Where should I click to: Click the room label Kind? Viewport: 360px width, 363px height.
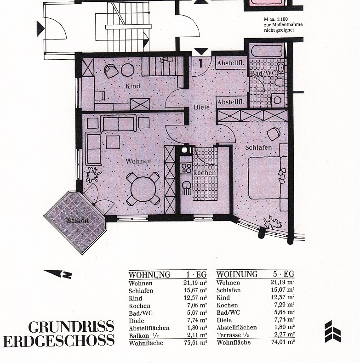133,86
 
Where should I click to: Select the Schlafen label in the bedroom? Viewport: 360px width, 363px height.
258,147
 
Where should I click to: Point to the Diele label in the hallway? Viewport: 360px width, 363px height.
201,107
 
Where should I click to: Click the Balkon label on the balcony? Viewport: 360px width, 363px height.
75,221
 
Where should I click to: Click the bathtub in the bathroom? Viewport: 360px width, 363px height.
267,50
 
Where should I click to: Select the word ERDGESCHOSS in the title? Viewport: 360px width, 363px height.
58,341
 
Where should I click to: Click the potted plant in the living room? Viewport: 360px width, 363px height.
93,175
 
